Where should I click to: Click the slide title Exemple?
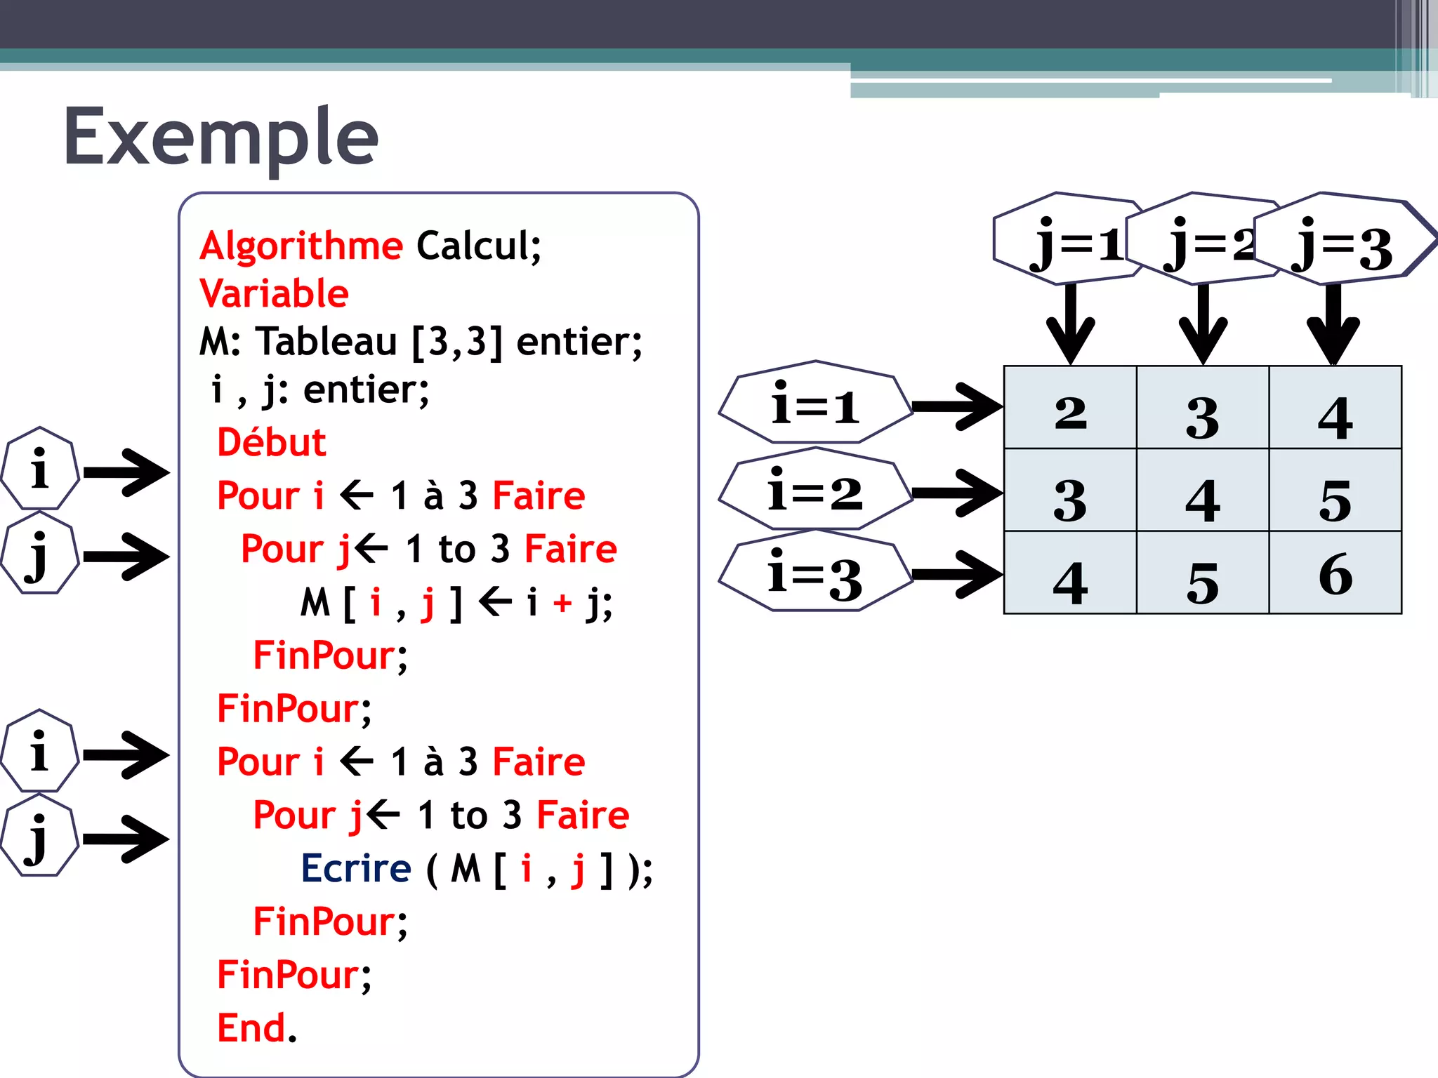click(221, 137)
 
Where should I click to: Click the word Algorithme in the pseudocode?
click(301, 246)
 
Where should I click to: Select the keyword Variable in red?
click(274, 293)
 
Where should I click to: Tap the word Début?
click(272, 443)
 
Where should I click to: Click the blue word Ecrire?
click(356, 869)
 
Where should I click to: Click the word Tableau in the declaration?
click(326, 342)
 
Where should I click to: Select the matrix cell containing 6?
click(1335, 573)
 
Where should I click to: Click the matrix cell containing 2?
click(1070, 408)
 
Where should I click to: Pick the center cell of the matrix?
click(1203, 491)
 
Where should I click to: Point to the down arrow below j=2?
click(1203, 323)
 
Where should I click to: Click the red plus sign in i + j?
click(562, 603)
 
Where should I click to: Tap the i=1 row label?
click(814, 404)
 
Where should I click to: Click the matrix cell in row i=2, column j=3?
click(1335, 491)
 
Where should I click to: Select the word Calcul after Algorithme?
click(478, 246)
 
